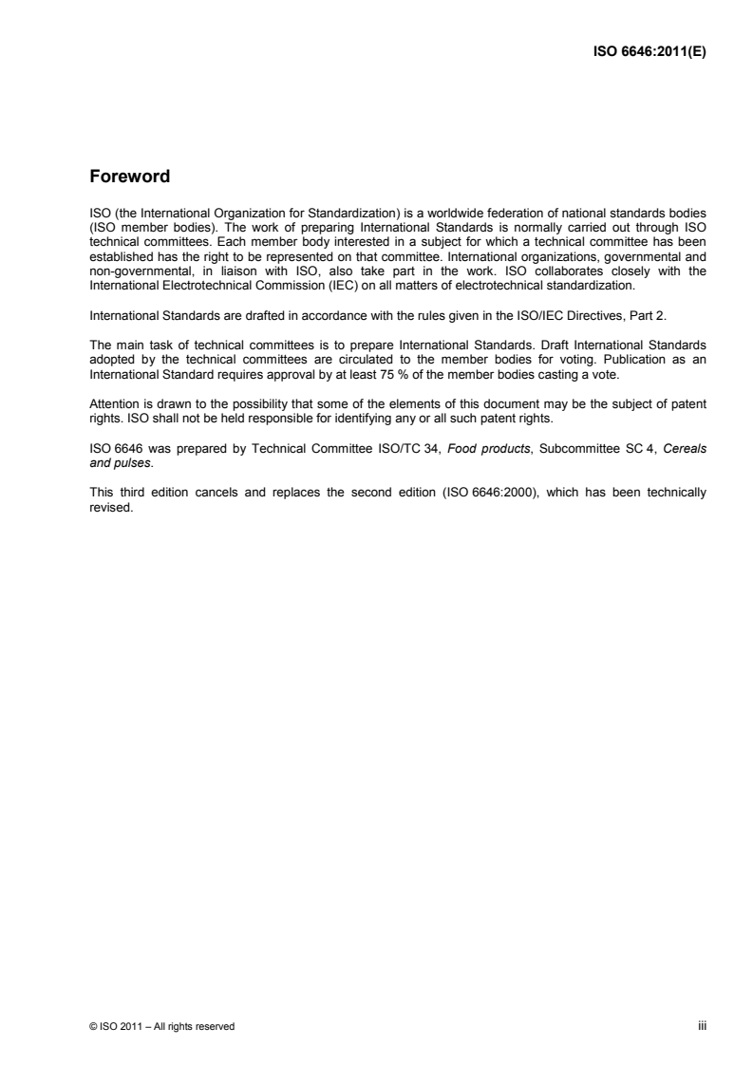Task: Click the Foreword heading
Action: pyautogui.click(x=129, y=177)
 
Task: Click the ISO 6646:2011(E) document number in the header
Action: pyautogui.click(x=649, y=53)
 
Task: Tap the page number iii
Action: pyautogui.click(x=704, y=1025)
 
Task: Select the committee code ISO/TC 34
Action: pyautogui.click(x=403, y=448)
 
